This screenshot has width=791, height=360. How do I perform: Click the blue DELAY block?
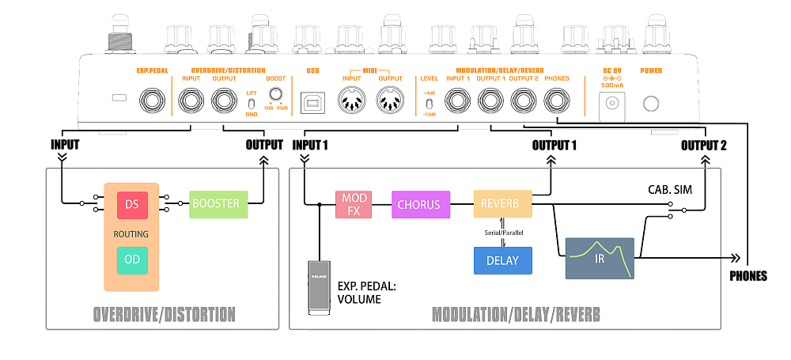502,260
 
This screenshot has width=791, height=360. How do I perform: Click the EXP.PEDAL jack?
151,101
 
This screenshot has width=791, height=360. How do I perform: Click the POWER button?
651,104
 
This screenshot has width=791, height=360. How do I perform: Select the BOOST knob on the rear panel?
275,94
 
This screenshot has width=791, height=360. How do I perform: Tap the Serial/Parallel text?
502,232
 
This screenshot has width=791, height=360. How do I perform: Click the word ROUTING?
132,234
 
